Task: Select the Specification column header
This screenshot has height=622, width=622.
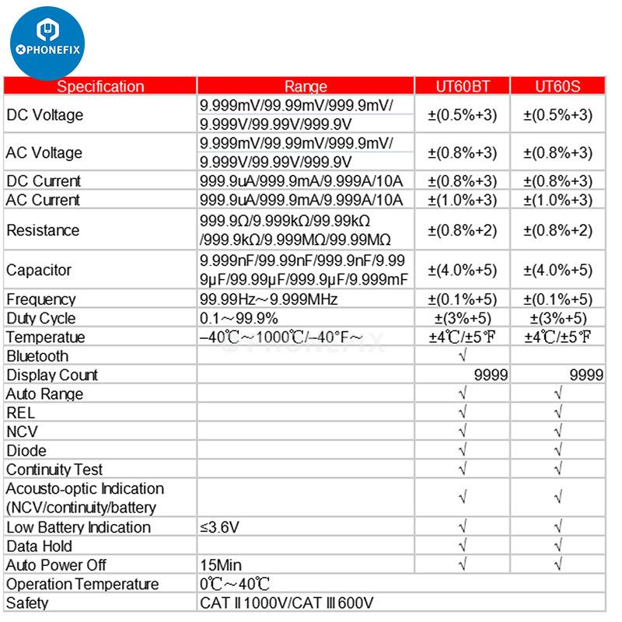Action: coord(100,86)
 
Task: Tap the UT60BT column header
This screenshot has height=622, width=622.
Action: coord(463,86)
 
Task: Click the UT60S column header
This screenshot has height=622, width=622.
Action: coord(557,86)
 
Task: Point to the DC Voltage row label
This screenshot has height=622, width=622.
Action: coord(44,115)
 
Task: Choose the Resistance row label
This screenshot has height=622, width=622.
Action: coord(43,230)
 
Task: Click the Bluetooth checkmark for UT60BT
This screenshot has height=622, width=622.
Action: coord(463,356)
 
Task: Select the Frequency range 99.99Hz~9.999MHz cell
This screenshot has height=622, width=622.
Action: coord(269,299)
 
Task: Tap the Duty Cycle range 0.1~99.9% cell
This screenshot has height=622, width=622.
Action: coord(239,318)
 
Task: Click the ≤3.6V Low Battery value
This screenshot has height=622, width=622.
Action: coord(219,527)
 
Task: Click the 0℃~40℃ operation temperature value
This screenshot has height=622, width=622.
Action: coord(234,584)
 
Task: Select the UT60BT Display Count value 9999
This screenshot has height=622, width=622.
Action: coord(491,375)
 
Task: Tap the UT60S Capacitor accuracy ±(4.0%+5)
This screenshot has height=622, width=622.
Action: coord(557,270)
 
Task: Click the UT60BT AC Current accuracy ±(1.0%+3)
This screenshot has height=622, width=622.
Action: coord(463,200)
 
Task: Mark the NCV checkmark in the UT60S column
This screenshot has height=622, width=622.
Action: coord(557,432)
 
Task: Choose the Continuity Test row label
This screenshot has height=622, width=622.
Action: coord(54,470)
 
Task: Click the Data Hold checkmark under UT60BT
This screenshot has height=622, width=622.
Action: coord(463,546)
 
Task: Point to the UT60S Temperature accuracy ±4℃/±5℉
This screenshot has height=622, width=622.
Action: coord(557,337)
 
